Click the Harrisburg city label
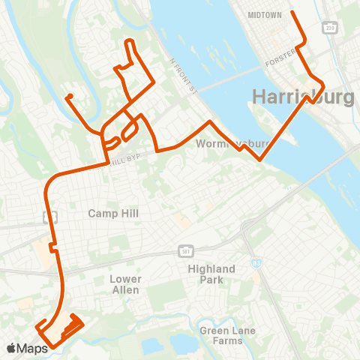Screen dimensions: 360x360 pos(304,97)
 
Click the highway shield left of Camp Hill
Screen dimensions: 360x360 pos(51,217)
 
